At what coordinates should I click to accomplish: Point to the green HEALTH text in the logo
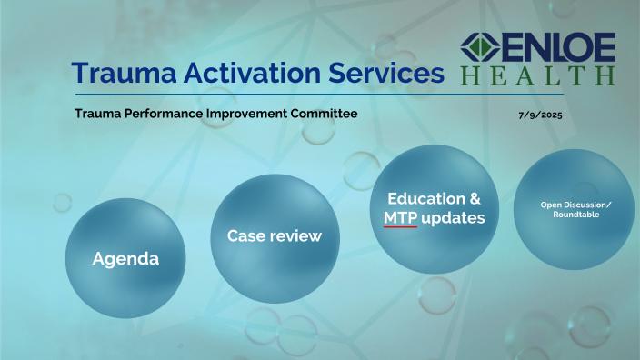point(537,75)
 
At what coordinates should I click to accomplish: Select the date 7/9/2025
point(538,115)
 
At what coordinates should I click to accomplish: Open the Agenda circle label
point(125,259)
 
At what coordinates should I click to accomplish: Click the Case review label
point(274,236)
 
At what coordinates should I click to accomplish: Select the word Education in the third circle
point(424,198)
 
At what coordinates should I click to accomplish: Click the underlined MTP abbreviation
point(400,218)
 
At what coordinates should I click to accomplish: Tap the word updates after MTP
point(454,219)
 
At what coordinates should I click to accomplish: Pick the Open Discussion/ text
point(575,204)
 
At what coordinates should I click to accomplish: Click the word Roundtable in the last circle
point(575,215)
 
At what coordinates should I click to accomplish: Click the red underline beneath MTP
point(400,227)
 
